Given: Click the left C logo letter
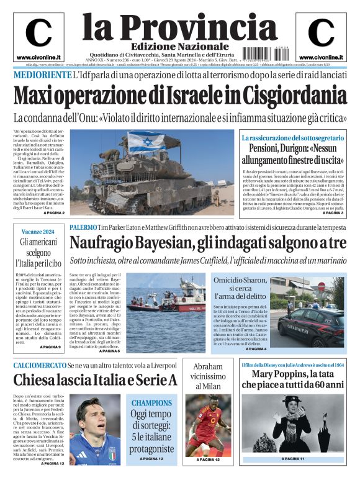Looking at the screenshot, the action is coord(39,33).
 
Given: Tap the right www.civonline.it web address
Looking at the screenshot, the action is coord(321,57).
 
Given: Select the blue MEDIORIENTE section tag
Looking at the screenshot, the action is coord(42,75).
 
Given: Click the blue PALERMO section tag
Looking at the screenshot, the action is coord(83,228).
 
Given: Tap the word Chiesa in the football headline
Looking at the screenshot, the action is coord(38,379).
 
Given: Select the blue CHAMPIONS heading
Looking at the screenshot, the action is coord(151,402).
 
